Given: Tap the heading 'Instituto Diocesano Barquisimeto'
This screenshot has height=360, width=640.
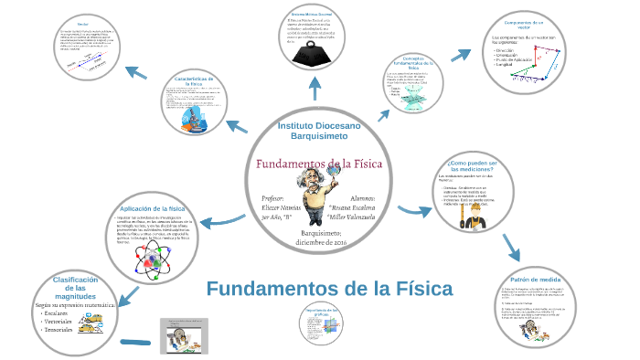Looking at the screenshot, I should pyautogui.click(x=319, y=130).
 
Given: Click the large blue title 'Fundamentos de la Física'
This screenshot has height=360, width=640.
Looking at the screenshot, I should pyautogui.click(x=329, y=290).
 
